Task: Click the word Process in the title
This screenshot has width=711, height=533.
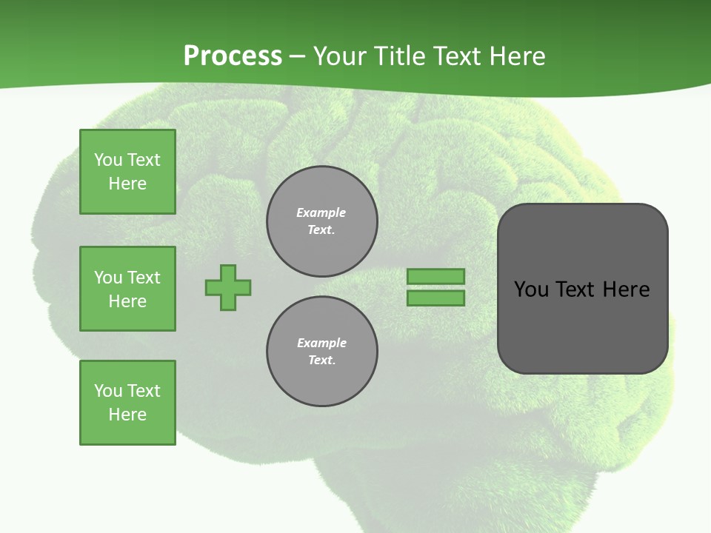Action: (x=233, y=56)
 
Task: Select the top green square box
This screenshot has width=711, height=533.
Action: (x=127, y=172)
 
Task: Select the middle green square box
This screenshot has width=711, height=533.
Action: (x=127, y=289)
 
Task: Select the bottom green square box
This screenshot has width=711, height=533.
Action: (x=127, y=403)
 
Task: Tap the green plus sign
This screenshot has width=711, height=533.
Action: (x=228, y=287)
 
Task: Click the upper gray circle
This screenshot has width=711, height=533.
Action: (x=321, y=221)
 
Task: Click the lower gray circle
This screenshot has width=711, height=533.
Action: (x=321, y=352)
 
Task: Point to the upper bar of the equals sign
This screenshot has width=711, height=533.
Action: (x=435, y=276)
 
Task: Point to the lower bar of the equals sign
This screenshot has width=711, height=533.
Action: (x=435, y=298)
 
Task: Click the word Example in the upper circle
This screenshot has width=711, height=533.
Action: (x=321, y=212)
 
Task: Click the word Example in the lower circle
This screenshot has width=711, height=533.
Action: (x=321, y=343)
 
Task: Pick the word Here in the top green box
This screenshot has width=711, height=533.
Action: (x=127, y=184)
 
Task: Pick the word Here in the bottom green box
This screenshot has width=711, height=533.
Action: (x=127, y=415)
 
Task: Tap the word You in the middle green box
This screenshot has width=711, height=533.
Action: (x=108, y=278)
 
